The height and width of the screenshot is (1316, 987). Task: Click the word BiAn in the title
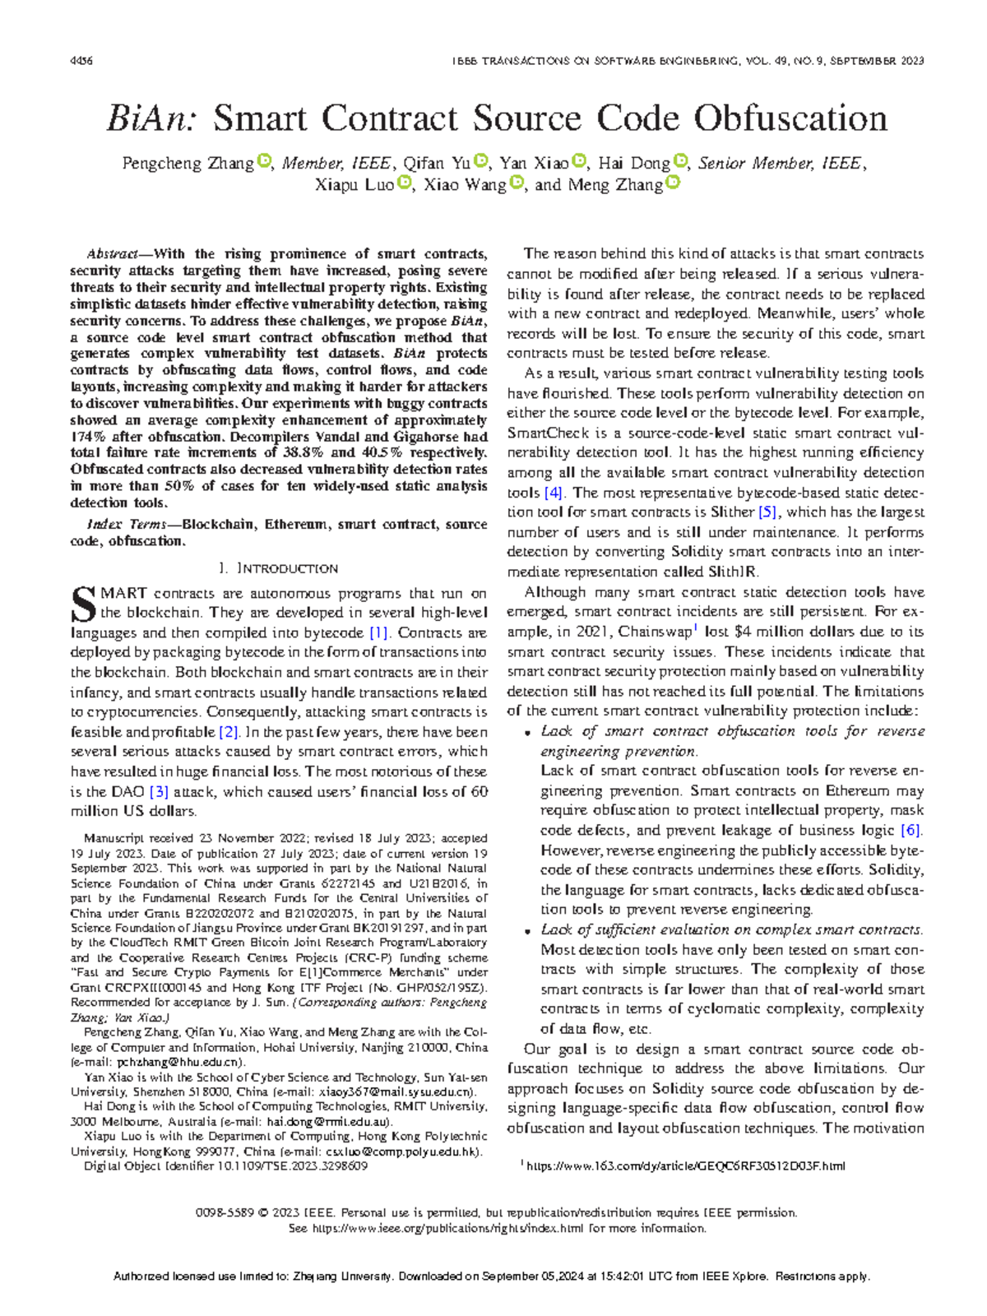click(151, 119)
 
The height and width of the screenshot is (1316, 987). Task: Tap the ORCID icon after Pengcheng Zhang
click(264, 161)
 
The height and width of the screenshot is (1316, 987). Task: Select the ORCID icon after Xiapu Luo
click(404, 183)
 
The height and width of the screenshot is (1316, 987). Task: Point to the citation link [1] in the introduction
click(378, 633)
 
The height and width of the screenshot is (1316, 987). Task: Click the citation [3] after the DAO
click(159, 791)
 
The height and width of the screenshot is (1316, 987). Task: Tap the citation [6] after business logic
click(911, 831)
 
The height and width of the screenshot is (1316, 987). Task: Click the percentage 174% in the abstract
click(86, 437)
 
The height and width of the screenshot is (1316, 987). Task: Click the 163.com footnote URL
click(684, 1165)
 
